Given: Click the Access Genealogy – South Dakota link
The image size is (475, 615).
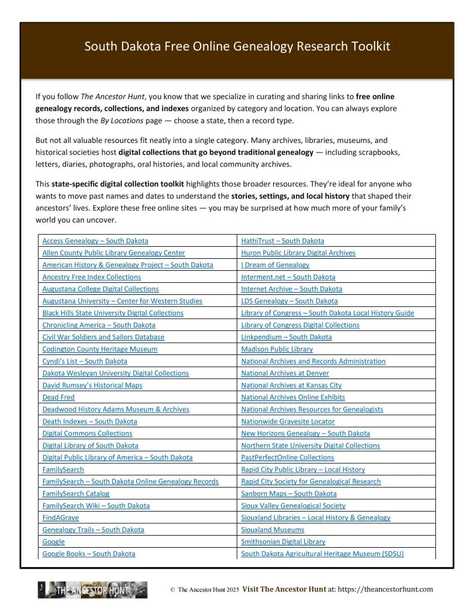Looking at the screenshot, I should click(95, 241).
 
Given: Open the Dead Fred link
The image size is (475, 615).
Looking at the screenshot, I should click(58, 397).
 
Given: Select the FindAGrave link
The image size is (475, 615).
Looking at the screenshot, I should click(60, 518).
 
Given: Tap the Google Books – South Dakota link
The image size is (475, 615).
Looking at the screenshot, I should click(88, 554).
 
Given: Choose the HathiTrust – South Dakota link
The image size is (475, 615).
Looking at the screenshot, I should click(282, 241).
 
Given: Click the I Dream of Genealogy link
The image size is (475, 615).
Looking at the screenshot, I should click(275, 265).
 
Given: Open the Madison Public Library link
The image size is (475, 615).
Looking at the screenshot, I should click(277, 349).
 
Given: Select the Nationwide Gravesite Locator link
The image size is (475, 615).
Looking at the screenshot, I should click(288, 421).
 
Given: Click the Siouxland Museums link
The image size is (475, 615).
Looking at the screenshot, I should click(273, 530).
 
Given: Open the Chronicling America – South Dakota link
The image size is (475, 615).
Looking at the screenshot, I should click(98, 325).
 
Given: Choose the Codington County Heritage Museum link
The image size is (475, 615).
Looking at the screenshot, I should click(100, 349).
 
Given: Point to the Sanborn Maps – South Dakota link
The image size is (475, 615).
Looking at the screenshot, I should click(289, 494).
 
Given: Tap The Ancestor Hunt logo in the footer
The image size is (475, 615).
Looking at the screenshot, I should click(92, 590).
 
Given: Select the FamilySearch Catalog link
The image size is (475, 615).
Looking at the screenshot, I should click(76, 494).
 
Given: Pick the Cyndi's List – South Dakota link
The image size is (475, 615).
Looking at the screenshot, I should click(85, 361).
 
